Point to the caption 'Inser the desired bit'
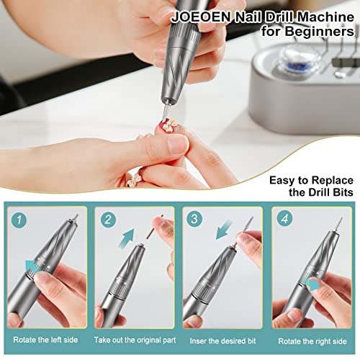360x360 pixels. pyautogui.click(x=222, y=340)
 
